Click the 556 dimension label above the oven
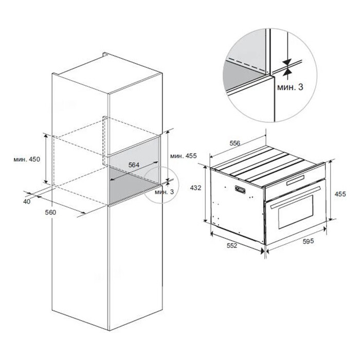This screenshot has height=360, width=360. tap(235, 143)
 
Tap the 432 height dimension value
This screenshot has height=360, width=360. tap(195, 188)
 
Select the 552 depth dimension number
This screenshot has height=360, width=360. tap(232, 245)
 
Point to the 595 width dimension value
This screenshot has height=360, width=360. tap(308, 241)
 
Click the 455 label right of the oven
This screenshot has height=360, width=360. tap(340, 194)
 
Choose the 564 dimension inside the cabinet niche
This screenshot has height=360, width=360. tap(134, 165)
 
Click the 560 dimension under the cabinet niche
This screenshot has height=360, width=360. tap(50, 212)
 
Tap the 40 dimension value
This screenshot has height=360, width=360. tap(27, 202)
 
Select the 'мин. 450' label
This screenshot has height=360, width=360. tap(27, 159)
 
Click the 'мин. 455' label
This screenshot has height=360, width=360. tap(184, 156)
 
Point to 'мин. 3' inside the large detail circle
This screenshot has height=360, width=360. tap(290, 87)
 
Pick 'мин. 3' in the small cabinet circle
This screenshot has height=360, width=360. tap(165, 192)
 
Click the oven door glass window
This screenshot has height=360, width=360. tap(296, 212)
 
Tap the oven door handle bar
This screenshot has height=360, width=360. tap(296, 197)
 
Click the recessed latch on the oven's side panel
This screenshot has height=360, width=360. tap(240, 190)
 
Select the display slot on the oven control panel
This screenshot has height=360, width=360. tap(296, 180)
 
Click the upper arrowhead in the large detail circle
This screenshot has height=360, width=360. tap(287, 62)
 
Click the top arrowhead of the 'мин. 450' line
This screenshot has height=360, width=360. tap(46, 136)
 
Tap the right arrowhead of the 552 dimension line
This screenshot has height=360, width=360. tap(262, 251)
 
